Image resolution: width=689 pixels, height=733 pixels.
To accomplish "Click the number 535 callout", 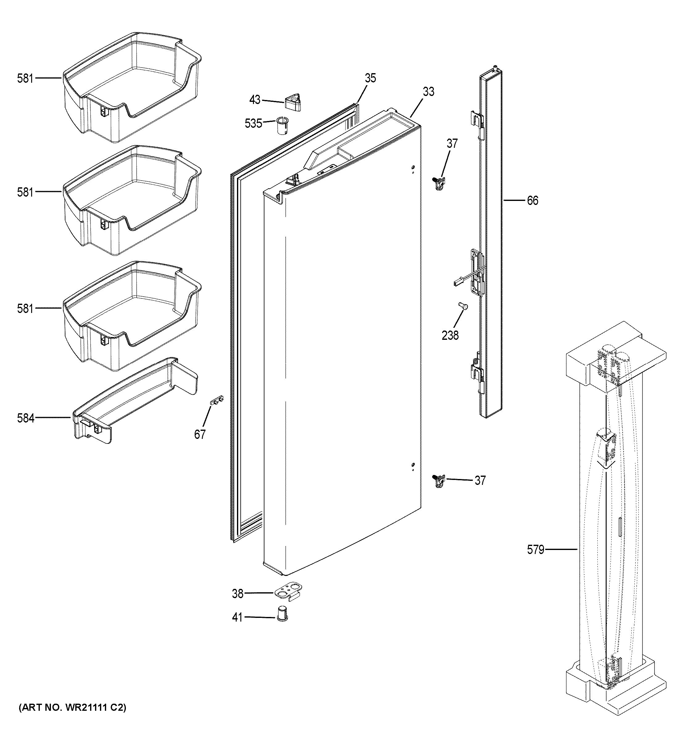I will (253, 123).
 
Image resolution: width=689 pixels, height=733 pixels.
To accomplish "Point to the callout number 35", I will (370, 78).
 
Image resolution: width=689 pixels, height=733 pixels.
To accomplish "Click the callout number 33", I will (428, 91).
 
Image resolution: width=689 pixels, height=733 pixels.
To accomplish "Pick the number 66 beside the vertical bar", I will (532, 201).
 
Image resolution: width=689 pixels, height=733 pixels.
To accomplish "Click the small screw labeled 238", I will (462, 306).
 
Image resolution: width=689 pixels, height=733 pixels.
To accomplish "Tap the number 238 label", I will (450, 335).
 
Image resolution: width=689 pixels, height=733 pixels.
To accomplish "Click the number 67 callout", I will (200, 435).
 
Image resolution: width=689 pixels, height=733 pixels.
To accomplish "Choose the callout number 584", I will (25, 418).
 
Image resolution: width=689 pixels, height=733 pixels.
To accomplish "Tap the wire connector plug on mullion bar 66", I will (457, 283).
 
